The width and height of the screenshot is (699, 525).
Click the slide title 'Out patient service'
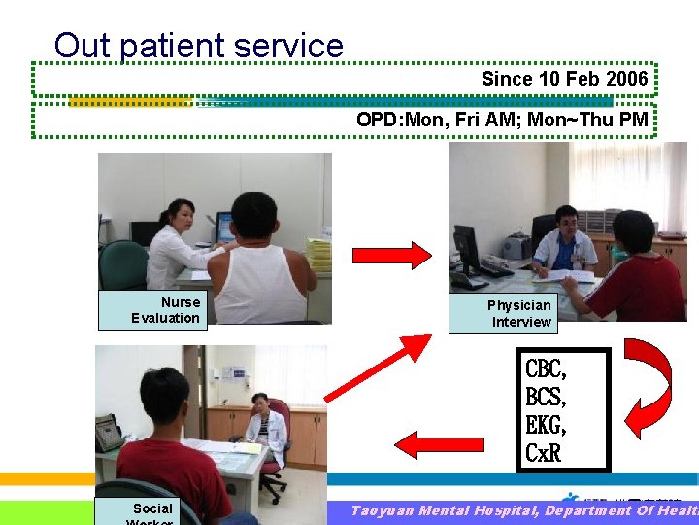pyautogui.click(x=199, y=45)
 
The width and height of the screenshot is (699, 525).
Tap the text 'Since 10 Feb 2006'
pyautogui.click(x=564, y=79)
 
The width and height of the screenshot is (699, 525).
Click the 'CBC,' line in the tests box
pyautogui.click(x=546, y=369)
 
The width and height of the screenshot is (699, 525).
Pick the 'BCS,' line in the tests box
pyautogui.click(x=546, y=397)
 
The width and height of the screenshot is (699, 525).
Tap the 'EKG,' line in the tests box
pyautogui.click(x=546, y=425)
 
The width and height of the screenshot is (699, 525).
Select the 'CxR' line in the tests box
pyautogui.click(x=543, y=452)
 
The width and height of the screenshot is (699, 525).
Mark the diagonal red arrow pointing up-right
pyautogui.click(x=378, y=367)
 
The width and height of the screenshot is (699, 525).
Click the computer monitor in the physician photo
pyautogui.click(x=467, y=250)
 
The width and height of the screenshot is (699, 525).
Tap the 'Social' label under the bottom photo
pyautogui.click(x=152, y=508)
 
